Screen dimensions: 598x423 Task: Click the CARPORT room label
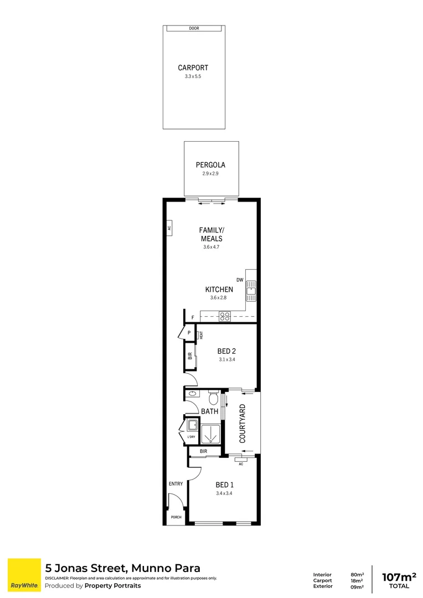(193, 68)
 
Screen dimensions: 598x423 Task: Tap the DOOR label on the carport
(194, 28)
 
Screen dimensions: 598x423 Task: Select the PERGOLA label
(210, 164)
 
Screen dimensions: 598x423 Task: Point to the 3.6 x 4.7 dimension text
(211, 247)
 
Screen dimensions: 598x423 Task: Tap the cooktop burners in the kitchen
(225, 316)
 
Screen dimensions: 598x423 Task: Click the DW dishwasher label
(240, 280)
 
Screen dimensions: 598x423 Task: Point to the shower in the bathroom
(210, 435)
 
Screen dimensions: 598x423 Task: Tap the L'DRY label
(191, 437)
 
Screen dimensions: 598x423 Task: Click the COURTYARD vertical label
(243, 424)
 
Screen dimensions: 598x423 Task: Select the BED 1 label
(224, 484)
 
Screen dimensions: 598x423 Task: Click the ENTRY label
(176, 484)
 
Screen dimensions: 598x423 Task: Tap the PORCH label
(176, 517)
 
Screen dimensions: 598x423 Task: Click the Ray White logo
(24, 575)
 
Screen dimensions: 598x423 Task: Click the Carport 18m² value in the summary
(357, 581)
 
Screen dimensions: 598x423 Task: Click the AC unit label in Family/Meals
(169, 227)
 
